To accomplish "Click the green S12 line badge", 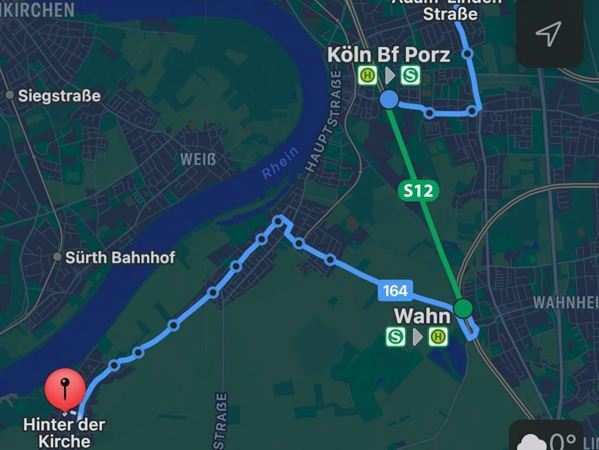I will (418, 191).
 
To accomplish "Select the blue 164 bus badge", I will (395, 291).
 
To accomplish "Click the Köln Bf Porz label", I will (388, 55).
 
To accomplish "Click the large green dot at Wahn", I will (463, 308).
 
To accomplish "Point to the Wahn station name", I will (422, 316).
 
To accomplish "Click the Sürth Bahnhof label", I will (120, 258).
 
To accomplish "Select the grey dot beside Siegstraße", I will (10, 95).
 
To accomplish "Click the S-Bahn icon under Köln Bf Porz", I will (410, 76).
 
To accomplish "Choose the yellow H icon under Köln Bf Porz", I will (367, 76).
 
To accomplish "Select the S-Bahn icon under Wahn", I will (395, 337).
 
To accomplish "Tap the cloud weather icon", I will (533, 443).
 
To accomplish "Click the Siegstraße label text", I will (59, 96).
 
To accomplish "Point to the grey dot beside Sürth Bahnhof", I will (57, 257).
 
